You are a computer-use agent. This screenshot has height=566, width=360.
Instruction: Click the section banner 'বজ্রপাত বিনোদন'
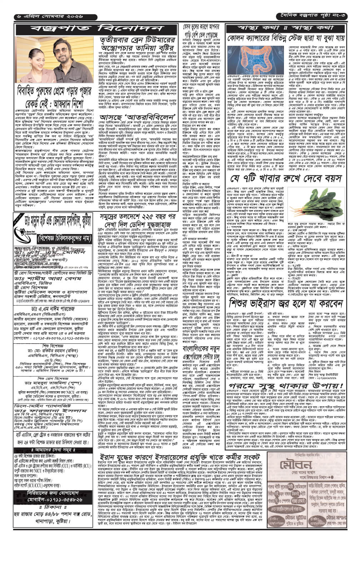pos(96,29)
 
